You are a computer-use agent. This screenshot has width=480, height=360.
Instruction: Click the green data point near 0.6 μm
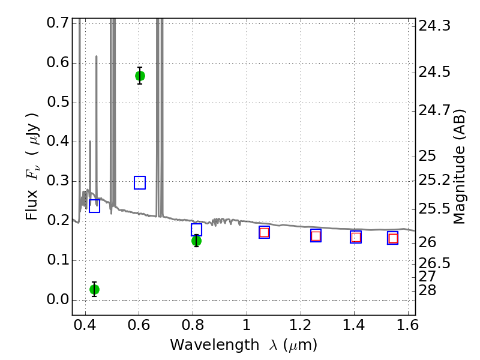coord(140,76)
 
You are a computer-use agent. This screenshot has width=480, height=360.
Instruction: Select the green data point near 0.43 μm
coord(94,289)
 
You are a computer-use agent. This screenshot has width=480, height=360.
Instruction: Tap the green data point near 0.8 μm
coord(197,241)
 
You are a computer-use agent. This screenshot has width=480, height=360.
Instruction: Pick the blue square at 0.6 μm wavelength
coord(140,183)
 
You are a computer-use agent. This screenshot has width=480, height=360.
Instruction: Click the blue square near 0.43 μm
coord(94,206)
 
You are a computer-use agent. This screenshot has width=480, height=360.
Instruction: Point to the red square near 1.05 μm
coord(264,232)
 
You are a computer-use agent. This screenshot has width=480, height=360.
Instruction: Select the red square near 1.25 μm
coord(316,236)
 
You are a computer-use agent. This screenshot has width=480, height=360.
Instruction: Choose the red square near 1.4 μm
coord(356,237)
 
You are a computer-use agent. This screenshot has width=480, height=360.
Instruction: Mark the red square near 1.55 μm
coord(393,238)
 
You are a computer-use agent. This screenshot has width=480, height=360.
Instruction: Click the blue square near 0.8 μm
coord(197,230)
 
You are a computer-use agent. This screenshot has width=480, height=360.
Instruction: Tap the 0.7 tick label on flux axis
coord(58,22)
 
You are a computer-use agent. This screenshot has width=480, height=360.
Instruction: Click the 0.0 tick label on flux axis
coord(58,299)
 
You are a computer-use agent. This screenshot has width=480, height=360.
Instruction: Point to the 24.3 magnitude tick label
coord(434,26)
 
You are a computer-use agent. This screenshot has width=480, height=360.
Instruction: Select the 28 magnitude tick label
coord(427,290)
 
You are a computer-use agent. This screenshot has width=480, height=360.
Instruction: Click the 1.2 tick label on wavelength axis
coord(301,325)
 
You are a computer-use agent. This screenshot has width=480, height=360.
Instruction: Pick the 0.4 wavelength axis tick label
coord(85,325)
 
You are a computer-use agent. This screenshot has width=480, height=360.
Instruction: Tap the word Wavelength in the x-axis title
coord(215,345)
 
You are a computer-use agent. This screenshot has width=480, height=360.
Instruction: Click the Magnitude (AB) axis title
coord(458,167)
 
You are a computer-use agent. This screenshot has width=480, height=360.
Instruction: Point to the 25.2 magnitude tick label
coord(434,180)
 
